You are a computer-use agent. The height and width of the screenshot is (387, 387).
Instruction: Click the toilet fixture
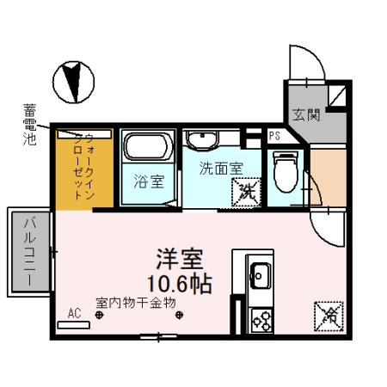(284, 173)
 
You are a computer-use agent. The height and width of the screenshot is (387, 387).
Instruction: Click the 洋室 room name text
(180, 258)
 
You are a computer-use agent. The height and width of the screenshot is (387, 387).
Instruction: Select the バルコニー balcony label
(28, 249)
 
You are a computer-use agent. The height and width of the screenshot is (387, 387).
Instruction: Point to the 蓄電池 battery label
(28, 124)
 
